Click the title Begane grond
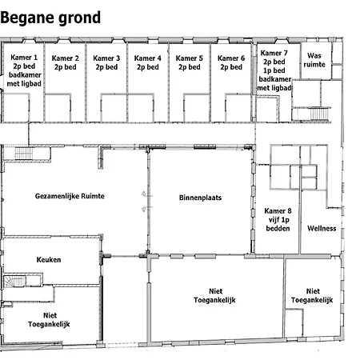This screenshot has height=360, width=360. click(x=50, y=18)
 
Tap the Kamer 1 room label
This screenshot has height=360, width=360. click(x=24, y=70)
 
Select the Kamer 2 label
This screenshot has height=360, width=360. click(x=66, y=62)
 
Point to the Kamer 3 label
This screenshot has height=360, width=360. click(x=106, y=62)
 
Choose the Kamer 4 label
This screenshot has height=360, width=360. click(x=148, y=62)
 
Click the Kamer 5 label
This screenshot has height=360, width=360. click(x=190, y=62)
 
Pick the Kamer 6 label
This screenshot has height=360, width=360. click(x=231, y=62)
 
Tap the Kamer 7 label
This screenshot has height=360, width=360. click(x=274, y=70)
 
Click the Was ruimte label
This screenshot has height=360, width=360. click(x=314, y=60)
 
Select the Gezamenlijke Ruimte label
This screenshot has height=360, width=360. click(x=70, y=196)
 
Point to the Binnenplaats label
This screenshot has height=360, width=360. click(x=200, y=198)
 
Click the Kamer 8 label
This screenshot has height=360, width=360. click(x=278, y=219)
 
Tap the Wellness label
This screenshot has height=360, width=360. click(x=322, y=228)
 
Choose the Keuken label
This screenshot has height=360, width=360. click(x=49, y=259)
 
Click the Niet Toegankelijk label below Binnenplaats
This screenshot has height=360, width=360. click(x=214, y=295)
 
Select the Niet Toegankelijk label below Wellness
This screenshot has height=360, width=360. click(x=312, y=295)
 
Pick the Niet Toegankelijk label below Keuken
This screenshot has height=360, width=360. click(x=49, y=320)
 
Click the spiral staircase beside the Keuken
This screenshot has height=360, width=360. click(x=14, y=281)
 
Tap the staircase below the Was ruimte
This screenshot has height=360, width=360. click(x=319, y=114)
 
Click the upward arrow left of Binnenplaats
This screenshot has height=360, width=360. click(x=144, y=194)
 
